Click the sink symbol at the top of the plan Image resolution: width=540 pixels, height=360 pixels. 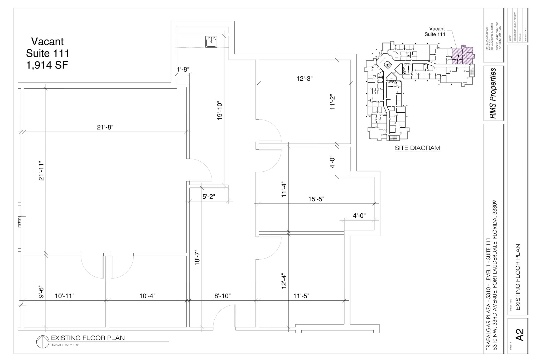click(211, 42)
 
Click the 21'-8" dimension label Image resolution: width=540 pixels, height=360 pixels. click(105, 127)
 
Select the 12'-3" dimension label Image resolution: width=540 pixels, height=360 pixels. click(305, 79)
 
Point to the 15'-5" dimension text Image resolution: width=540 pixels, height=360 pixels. click(316, 199)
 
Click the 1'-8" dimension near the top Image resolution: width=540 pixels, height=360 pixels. click(183, 70)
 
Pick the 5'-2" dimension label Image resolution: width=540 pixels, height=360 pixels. click(209, 197)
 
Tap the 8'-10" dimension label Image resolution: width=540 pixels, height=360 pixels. click(222, 296)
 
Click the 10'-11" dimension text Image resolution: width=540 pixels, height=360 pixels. click(65, 296)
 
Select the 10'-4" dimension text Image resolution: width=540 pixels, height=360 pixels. click(147, 296)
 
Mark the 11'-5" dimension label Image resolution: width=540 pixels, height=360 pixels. click(301, 296)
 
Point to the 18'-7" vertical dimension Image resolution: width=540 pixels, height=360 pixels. click(197, 258)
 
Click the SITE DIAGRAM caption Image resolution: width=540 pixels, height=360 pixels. click(417, 148)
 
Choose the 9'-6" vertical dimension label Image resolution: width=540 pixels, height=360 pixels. click(41, 292)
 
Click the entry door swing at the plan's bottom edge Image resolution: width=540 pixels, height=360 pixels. click(224, 316)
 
